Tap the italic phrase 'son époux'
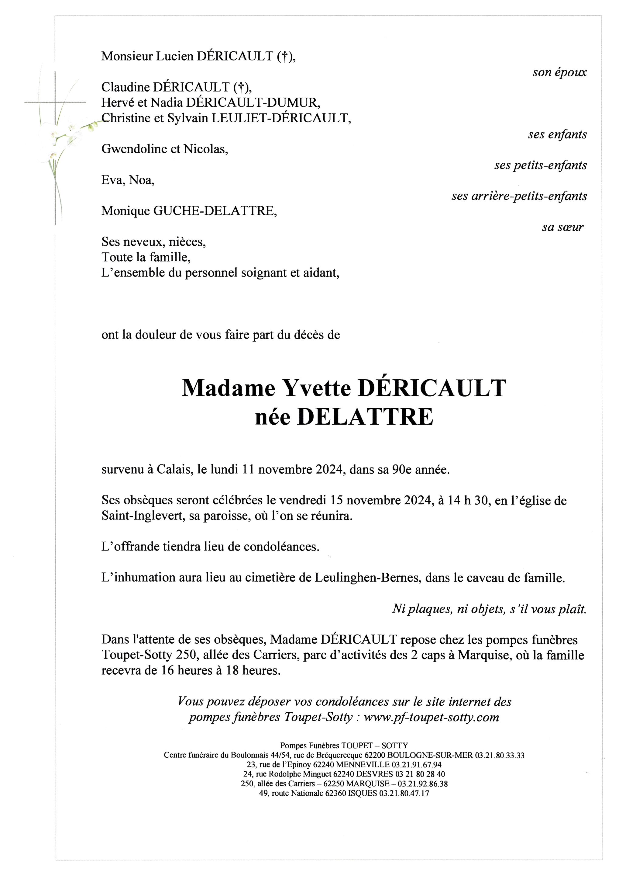[559, 72]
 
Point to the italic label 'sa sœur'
[562, 228]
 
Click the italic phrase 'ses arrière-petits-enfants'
[519, 196]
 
